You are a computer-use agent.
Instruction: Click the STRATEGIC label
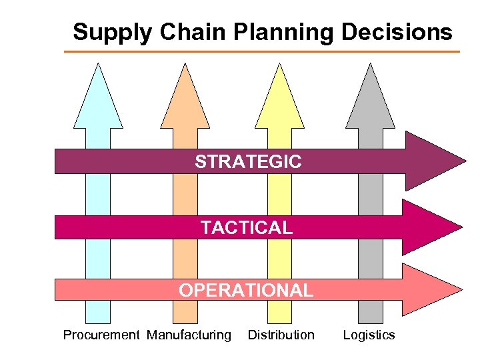click(248, 161)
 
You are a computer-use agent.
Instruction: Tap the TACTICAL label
click(247, 228)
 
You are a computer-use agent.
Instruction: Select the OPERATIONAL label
click(246, 290)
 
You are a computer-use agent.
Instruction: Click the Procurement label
click(101, 335)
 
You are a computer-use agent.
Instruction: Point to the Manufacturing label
click(189, 335)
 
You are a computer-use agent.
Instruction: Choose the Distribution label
click(281, 335)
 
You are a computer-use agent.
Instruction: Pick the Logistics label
click(369, 335)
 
